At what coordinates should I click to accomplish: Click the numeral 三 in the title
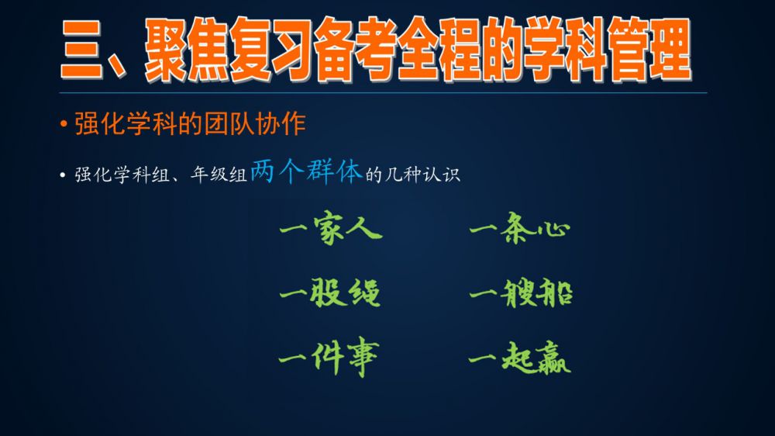click(81, 50)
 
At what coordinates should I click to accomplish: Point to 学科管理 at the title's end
click(608, 50)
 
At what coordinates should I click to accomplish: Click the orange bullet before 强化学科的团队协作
click(64, 123)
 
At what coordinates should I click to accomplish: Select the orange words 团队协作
click(255, 123)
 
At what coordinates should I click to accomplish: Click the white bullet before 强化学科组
click(62, 175)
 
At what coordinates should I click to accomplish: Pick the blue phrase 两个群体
click(306, 171)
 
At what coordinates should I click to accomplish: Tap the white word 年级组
click(219, 175)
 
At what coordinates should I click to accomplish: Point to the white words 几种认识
click(422, 175)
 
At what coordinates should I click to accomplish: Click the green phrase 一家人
click(331, 229)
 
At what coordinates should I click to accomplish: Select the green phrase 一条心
click(520, 229)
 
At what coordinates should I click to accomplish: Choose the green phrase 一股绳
click(330, 293)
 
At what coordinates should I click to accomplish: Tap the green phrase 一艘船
click(521, 293)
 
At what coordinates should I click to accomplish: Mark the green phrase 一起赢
click(520, 358)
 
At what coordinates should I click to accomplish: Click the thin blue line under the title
click(383, 92)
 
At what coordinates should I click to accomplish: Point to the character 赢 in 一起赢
click(553, 358)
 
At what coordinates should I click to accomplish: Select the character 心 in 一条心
click(553, 230)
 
